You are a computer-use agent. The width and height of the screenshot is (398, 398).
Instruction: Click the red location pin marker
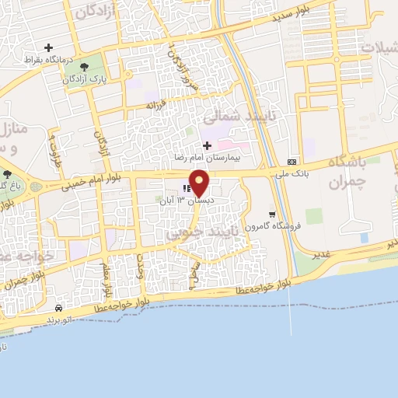(x=200, y=183)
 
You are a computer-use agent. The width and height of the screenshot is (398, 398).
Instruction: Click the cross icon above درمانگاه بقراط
(x=48, y=47)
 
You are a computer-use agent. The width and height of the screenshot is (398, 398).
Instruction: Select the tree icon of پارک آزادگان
(x=83, y=68)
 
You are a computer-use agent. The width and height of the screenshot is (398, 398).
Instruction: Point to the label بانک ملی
(x=292, y=173)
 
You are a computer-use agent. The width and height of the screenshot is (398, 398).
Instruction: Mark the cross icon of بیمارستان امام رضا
(x=206, y=145)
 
